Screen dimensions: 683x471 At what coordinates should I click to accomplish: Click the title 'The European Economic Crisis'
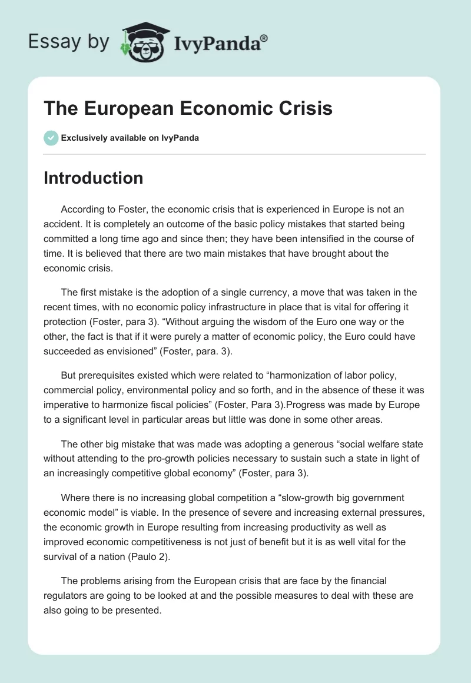[188, 109]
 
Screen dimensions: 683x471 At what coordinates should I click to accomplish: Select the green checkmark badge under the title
[50, 138]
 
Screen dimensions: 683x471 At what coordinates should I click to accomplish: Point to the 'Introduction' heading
[93, 178]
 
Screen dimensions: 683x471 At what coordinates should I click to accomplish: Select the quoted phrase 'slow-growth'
[321, 498]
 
